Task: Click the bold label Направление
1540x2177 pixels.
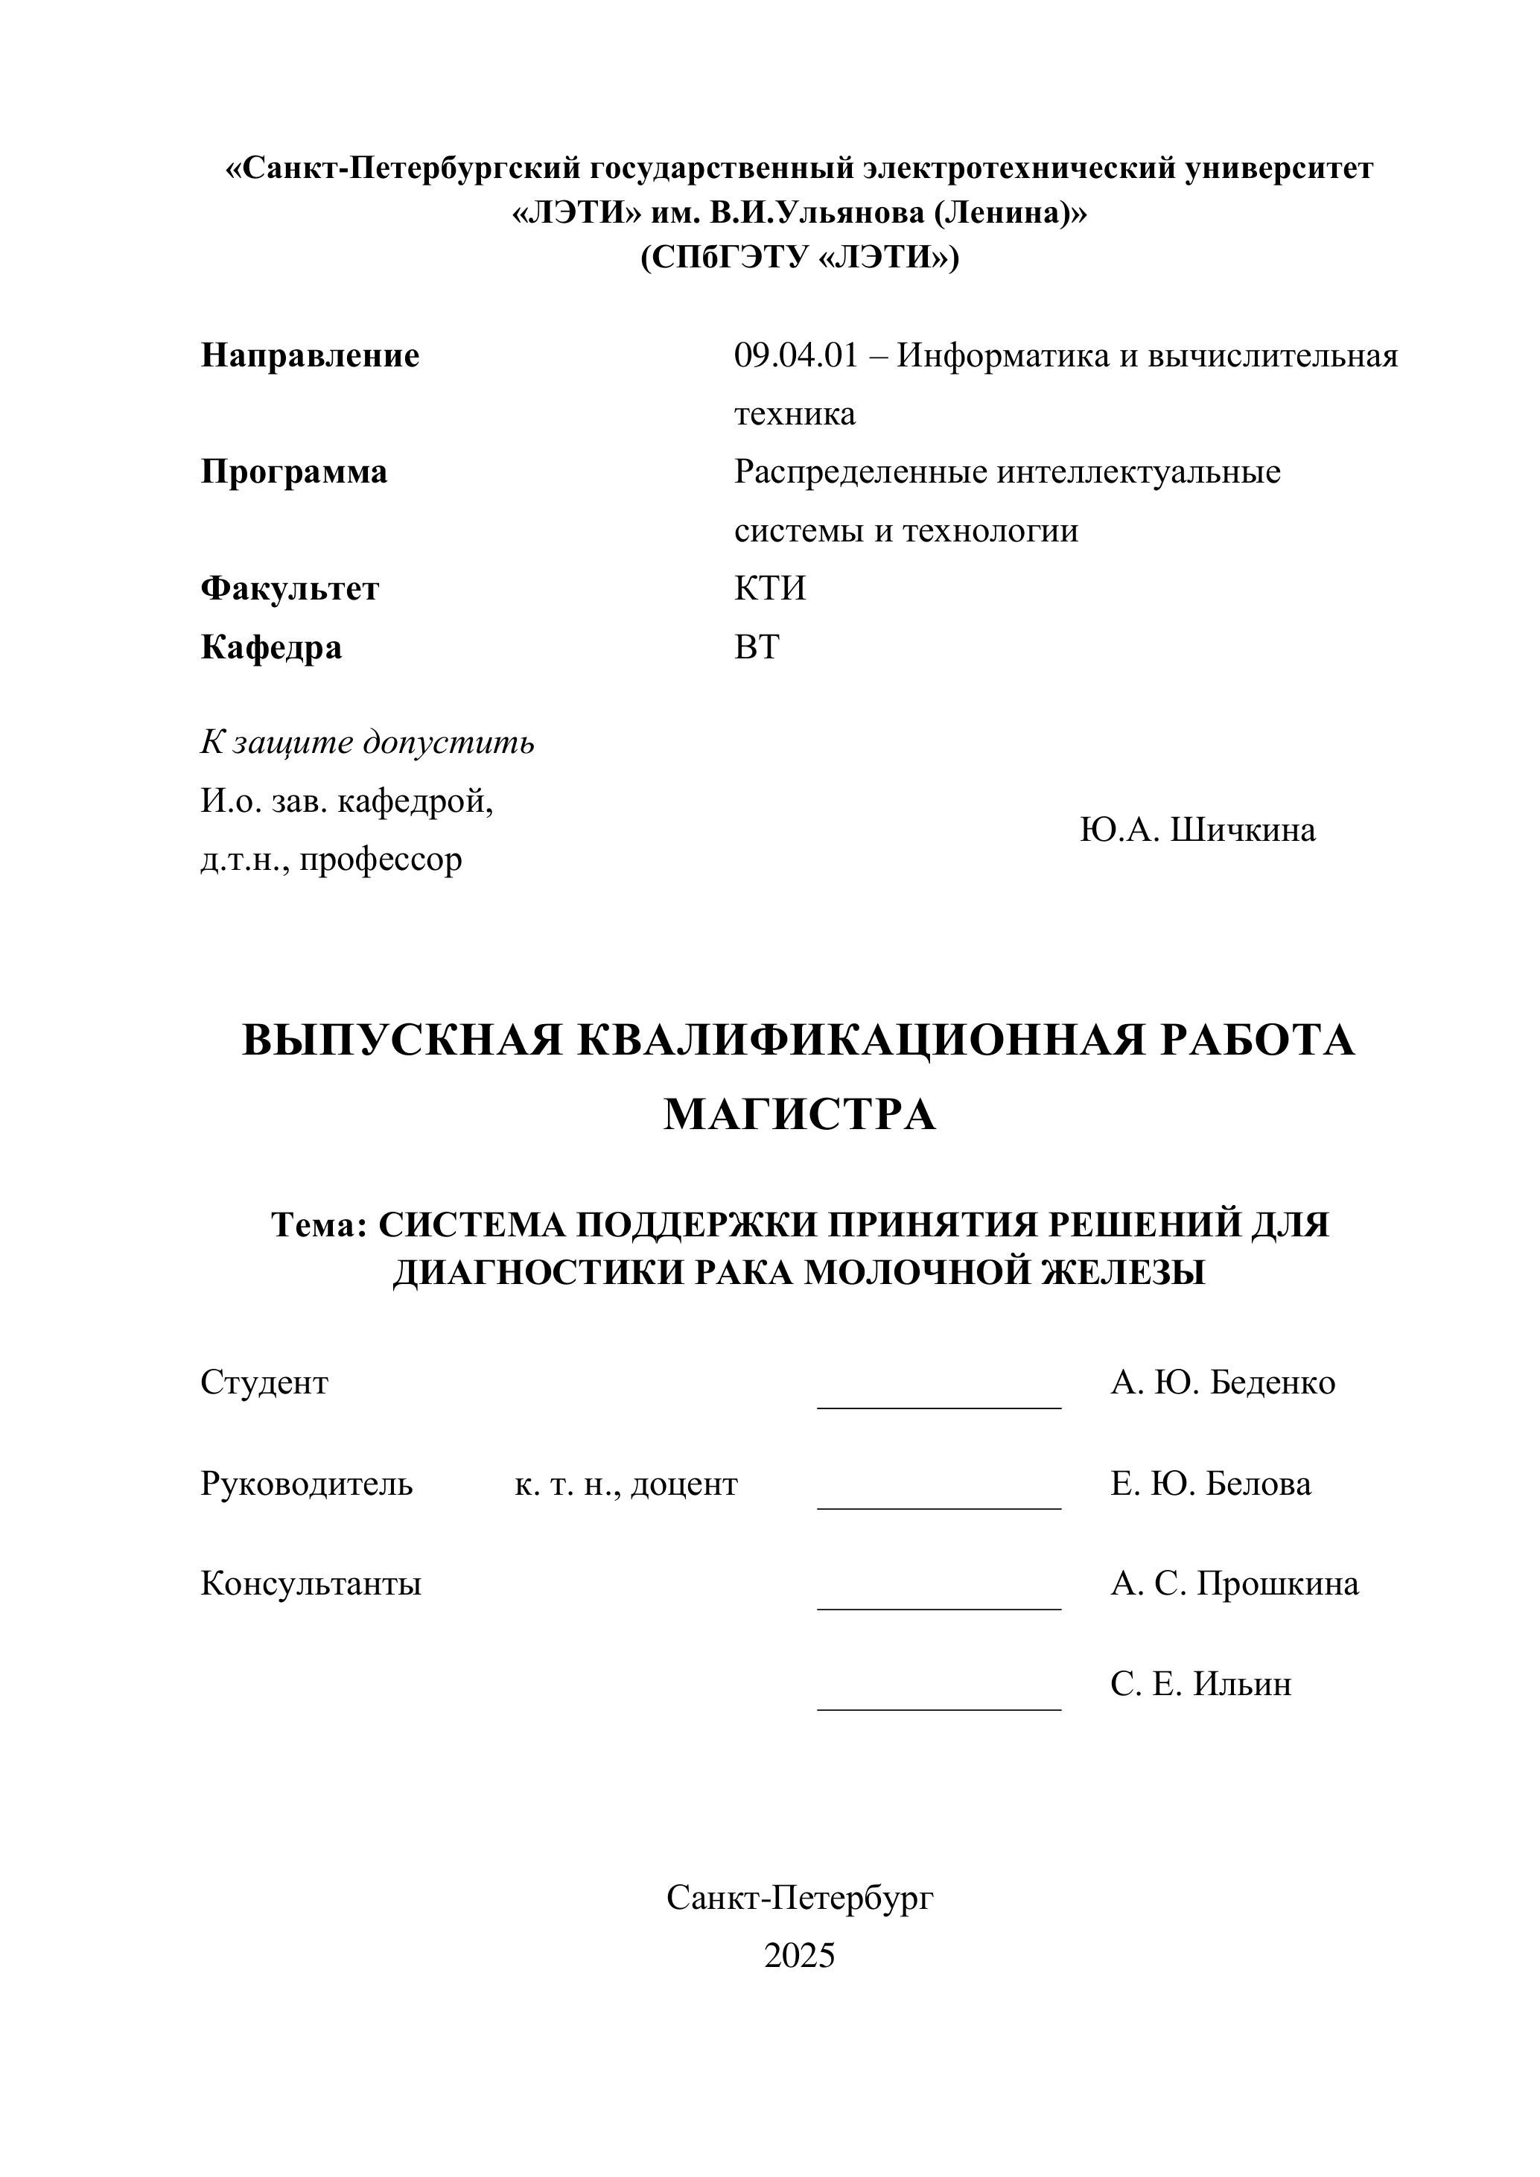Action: pos(309,357)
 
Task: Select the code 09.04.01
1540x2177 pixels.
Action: pos(795,357)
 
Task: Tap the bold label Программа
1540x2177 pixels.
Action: pos(294,472)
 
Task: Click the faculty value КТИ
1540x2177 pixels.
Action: pos(769,589)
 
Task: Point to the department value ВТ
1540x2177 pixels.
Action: pos(756,648)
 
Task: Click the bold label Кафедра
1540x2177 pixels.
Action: pos(271,648)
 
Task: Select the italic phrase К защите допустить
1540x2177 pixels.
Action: pos(367,743)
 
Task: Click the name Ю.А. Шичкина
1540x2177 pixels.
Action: pos(1197,830)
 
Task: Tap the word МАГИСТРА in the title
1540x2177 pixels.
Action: pos(798,1115)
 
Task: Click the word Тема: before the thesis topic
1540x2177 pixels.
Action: pos(319,1225)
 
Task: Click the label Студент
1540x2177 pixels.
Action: pos(264,1383)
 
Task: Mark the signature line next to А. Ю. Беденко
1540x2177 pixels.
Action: pos(939,1407)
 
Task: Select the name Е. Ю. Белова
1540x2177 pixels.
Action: pos(1211,1484)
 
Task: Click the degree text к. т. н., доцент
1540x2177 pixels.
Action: pos(626,1484)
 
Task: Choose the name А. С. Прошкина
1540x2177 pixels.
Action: pos(1234,1584)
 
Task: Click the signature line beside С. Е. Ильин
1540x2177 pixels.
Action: pos(939,1709)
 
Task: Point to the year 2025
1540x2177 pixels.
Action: pos(799,1956)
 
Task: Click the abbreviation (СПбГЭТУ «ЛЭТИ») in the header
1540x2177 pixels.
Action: pos(799,258)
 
